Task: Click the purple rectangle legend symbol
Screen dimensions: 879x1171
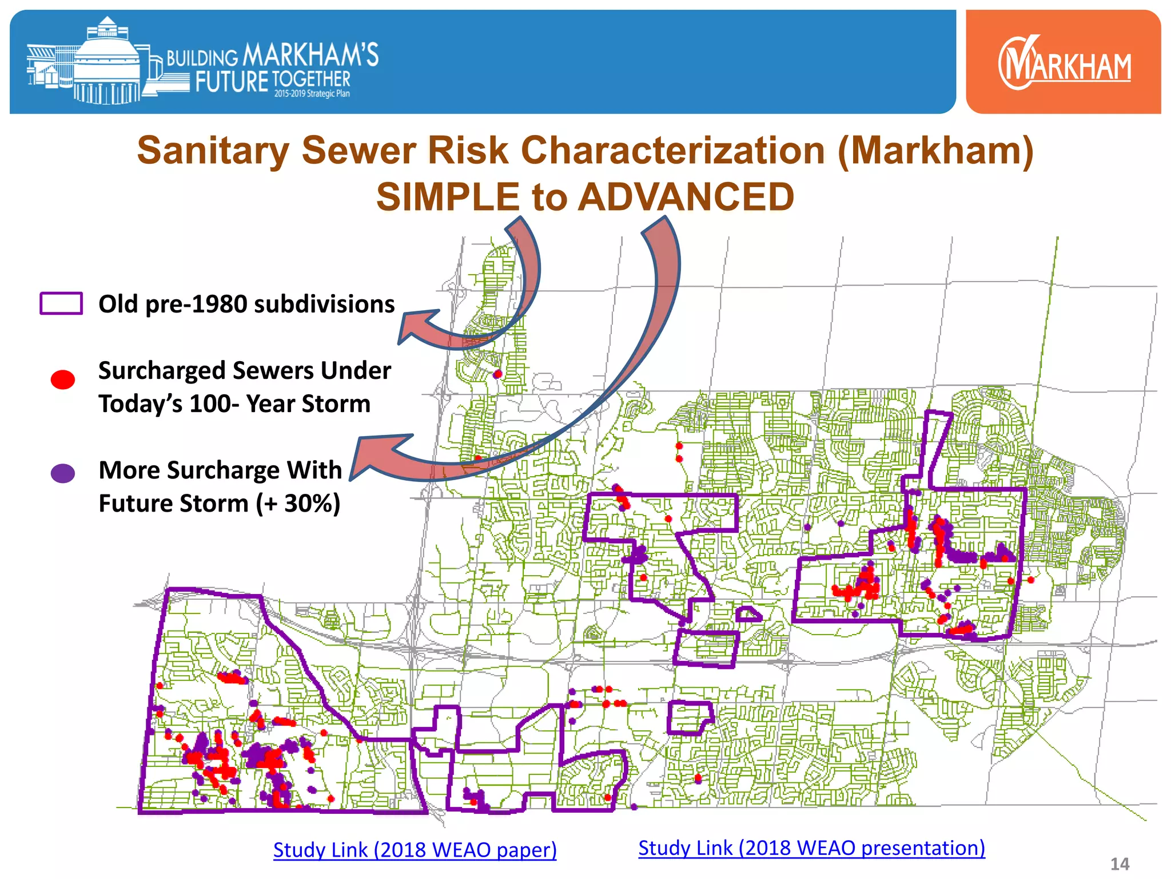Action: (61, 303)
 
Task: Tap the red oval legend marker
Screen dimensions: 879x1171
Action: (63, 379)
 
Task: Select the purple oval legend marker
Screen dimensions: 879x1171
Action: (63, 473)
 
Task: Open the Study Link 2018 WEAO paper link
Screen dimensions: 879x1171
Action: (415, 850)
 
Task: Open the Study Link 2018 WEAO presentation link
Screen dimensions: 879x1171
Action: (811, 848)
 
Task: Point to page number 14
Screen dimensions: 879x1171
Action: (1120, 864)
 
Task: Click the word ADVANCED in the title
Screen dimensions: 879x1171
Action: (686, 197)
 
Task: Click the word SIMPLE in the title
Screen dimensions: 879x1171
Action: (448, 197)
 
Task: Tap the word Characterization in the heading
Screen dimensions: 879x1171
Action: (672, 151)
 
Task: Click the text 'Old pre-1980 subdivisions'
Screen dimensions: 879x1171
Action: (246, 304)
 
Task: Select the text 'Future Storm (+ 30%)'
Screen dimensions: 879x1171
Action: (219, 504)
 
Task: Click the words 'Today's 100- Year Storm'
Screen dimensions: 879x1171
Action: (234, 404)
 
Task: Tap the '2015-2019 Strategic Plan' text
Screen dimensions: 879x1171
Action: (312, 94)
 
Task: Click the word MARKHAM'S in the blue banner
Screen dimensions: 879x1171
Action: (310, 56)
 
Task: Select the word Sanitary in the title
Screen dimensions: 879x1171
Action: (213, 151)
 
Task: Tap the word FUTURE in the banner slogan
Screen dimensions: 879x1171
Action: (231, 82)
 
